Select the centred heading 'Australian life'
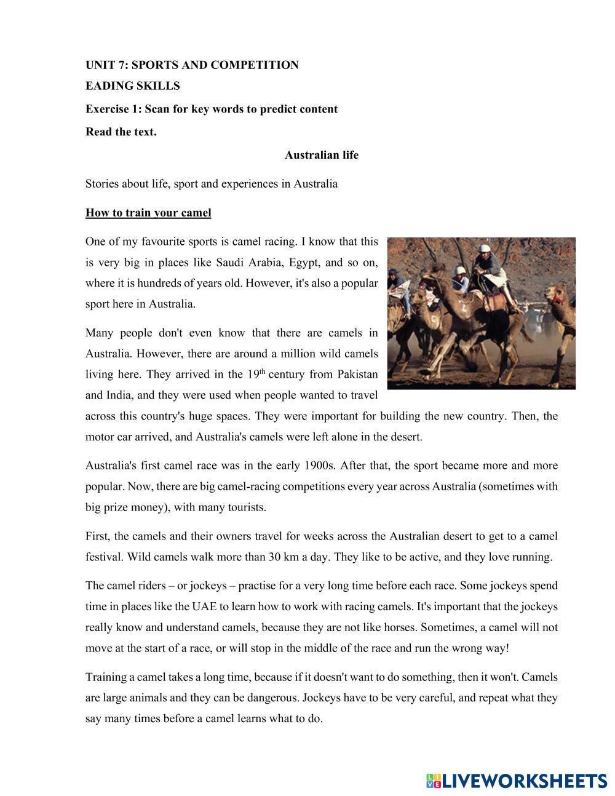pyautogui.click(x=321, y=155)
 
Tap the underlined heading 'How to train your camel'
pyautogui.click(x=148, y=213)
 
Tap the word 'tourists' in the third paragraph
pyautogui.click(x=245, y=507)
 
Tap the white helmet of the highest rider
pyautogui.click(x=485, y=249)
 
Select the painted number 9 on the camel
pyautogui.click(x=437, y=320)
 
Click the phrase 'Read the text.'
pyautogui.click(x=121, y=132)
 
